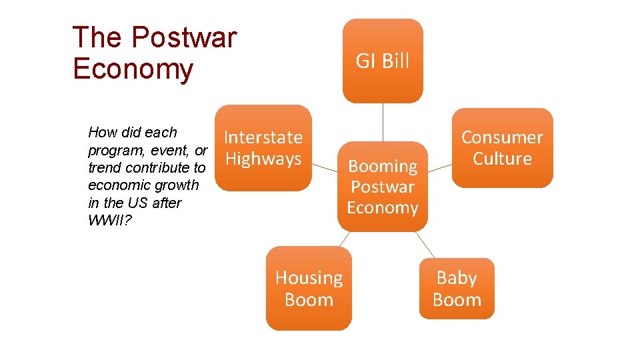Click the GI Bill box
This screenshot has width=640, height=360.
[x=383, y=61]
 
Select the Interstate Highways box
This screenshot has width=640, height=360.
[x=263, y=148]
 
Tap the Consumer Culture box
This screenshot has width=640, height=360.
[x=502, y=148]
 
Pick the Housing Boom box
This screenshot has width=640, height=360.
[x=309, y=289]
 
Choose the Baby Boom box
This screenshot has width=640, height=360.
[x=457, y=289]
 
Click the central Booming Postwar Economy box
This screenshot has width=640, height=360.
[x=383, y=187]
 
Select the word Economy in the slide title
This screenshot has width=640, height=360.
[x=133, y=69]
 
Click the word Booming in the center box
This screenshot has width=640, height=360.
[x=383, y=166]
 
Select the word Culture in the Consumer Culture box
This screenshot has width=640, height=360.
[x=502, y=159]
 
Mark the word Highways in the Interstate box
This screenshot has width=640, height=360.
[x=263, y=159]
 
